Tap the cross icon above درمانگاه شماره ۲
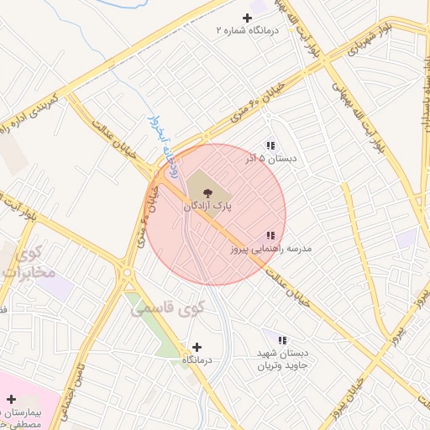click(x=247, y=18)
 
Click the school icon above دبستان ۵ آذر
click(x=270, y=145)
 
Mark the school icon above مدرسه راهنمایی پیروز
click(x=270, y=237)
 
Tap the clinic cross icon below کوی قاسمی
click(x=197, y=347)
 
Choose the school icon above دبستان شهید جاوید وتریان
click(x=282, y=341)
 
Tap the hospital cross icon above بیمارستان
click(x=11, y=400)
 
